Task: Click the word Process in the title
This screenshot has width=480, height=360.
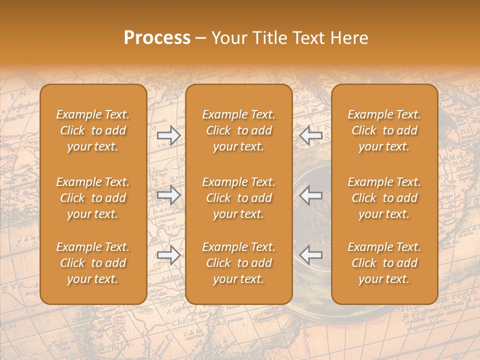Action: pos(157,38)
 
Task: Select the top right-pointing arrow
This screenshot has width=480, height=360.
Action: pos(169,135)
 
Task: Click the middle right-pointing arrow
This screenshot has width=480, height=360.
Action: pos(169,195)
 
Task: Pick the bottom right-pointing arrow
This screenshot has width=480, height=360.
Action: pos(169,255)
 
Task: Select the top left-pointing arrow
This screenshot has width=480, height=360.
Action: pos(310,135)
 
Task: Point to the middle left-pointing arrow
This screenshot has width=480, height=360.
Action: pos(310,195)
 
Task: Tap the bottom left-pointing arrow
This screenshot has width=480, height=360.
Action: pos(310,255)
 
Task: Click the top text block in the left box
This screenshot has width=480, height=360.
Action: pos(93,130)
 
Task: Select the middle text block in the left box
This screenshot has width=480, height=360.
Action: pos(93,198)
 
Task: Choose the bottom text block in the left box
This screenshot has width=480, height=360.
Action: pos(93,263)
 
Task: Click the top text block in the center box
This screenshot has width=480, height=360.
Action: pos(239,130)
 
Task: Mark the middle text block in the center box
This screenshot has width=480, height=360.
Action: pos(239,198)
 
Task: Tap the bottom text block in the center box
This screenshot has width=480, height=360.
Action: pos(239,263)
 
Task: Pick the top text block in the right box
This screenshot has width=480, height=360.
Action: pos(384,130)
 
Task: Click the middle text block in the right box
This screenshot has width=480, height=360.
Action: pos(384,198)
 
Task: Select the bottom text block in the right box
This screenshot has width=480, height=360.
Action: pos(384,263)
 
